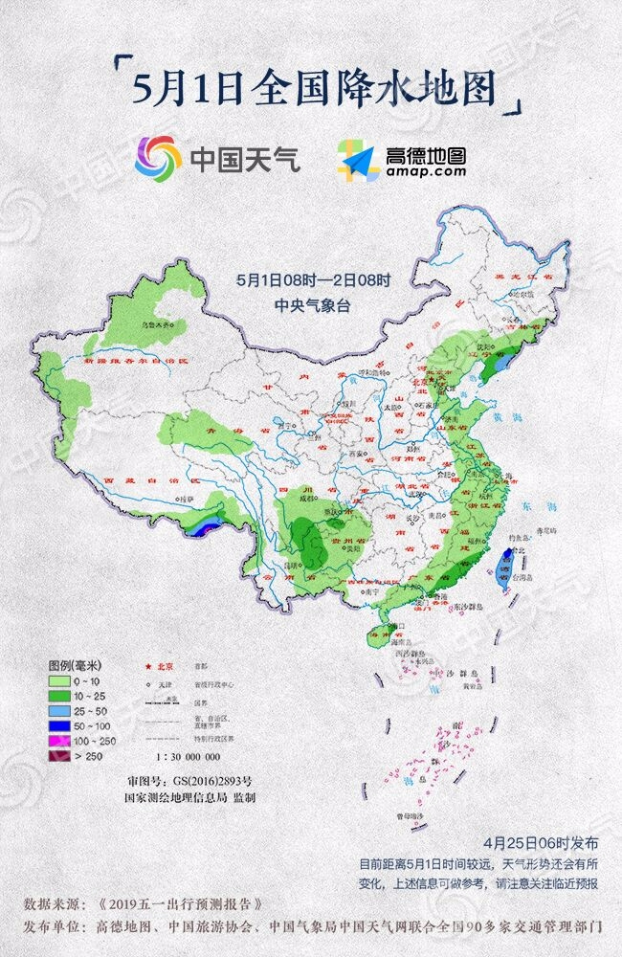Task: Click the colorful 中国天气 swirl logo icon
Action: click(x=158, y=157)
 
